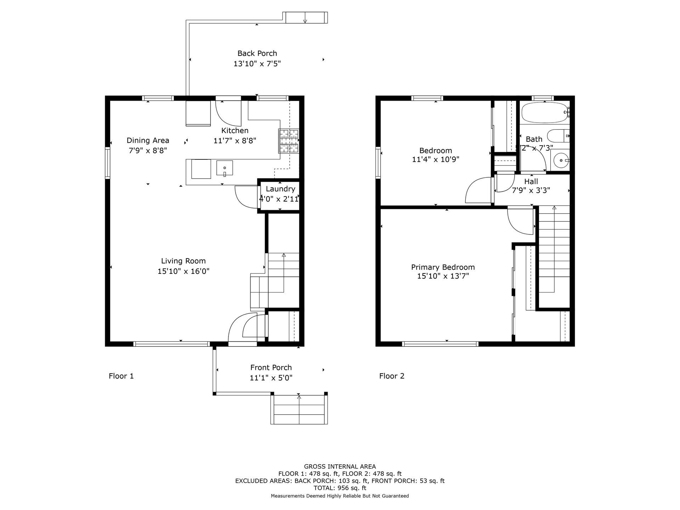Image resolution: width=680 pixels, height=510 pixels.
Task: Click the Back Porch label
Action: (x=257, y=53)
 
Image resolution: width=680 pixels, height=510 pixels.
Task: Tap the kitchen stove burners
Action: (x=289, y=141)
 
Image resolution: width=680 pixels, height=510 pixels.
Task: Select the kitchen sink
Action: (x=225, y=168)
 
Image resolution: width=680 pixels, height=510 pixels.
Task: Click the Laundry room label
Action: (x=280, y=189)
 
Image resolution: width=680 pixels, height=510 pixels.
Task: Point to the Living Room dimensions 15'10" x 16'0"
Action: (x=183, y=271)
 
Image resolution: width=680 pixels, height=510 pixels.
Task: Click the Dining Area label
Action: (x=148, y=140)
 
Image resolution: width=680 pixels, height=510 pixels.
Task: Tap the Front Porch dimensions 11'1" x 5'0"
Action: (x=271, y=378)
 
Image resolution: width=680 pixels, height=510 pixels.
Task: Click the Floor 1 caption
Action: (x=121, y=376)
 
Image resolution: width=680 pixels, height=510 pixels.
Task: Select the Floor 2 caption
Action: (x=392, y=376)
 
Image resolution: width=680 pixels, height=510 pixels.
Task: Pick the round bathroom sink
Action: (x=561, y=160)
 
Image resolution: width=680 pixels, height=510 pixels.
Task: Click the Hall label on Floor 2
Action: (x=531, y=181)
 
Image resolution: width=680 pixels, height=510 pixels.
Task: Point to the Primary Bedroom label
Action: (x=443, y=267)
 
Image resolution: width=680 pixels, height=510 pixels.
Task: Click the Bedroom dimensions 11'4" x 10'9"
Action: (x=435, y=159)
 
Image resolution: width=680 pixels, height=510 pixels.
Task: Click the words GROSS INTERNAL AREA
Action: (x=340, y=466)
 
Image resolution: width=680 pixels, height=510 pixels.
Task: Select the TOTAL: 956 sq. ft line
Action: (x=340, y=488)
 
